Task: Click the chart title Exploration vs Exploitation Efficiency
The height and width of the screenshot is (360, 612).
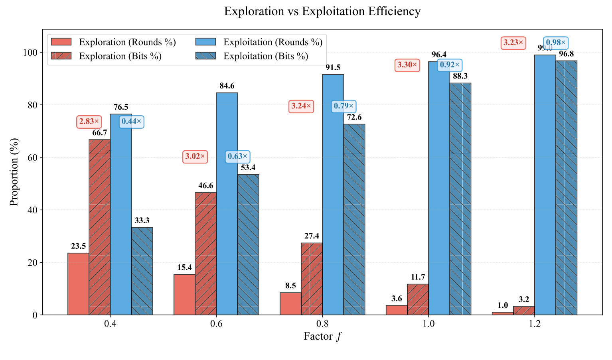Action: tap(322, 11)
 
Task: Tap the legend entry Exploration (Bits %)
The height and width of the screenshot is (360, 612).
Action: tap(120, 56)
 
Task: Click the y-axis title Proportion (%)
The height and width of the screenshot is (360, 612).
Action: tap(14, 172)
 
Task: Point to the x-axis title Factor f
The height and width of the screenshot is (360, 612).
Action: tap(322, 336)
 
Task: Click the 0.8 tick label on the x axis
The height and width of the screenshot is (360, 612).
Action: tap(322, 324)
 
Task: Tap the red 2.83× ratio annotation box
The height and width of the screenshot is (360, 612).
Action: tap(89, 122)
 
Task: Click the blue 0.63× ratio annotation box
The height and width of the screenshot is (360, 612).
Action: tap(238, 156)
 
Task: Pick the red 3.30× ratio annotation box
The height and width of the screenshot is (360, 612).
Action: tap(407, 65)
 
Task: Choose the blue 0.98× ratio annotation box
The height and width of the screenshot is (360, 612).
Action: tap(555, 43)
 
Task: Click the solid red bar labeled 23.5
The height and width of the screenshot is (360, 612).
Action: tap(78, 284)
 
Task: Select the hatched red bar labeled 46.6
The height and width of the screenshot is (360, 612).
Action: tap(205, 254)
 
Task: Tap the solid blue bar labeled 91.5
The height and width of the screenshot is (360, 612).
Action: tap(333, 195)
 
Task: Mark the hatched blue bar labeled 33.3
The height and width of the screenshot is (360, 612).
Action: tap(142, 271)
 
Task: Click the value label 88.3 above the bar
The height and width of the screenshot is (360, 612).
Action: tap(460, 76)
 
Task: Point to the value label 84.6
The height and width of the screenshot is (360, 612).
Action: tap(227, 86)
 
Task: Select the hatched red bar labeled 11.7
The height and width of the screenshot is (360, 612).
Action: tap(418, 299)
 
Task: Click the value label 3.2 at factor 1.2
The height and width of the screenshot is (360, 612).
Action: tap(524, 299)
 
